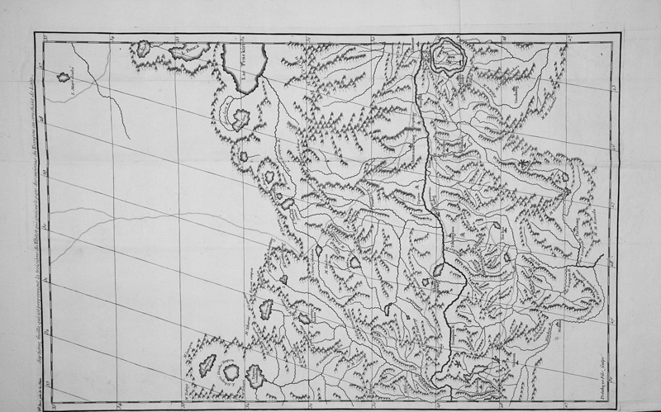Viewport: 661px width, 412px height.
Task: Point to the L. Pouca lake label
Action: coord(193,47)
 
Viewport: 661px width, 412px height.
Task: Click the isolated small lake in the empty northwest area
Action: coord(64,77)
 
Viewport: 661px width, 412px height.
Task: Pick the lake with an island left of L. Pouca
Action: coord(143,49)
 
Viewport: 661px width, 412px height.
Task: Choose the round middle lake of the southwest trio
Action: coord(230,373)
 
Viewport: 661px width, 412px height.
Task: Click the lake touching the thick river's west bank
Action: coord(440,270)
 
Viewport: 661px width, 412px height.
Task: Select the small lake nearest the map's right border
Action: coord(566,175)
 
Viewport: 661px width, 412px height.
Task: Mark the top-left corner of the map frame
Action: coord(37,33)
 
